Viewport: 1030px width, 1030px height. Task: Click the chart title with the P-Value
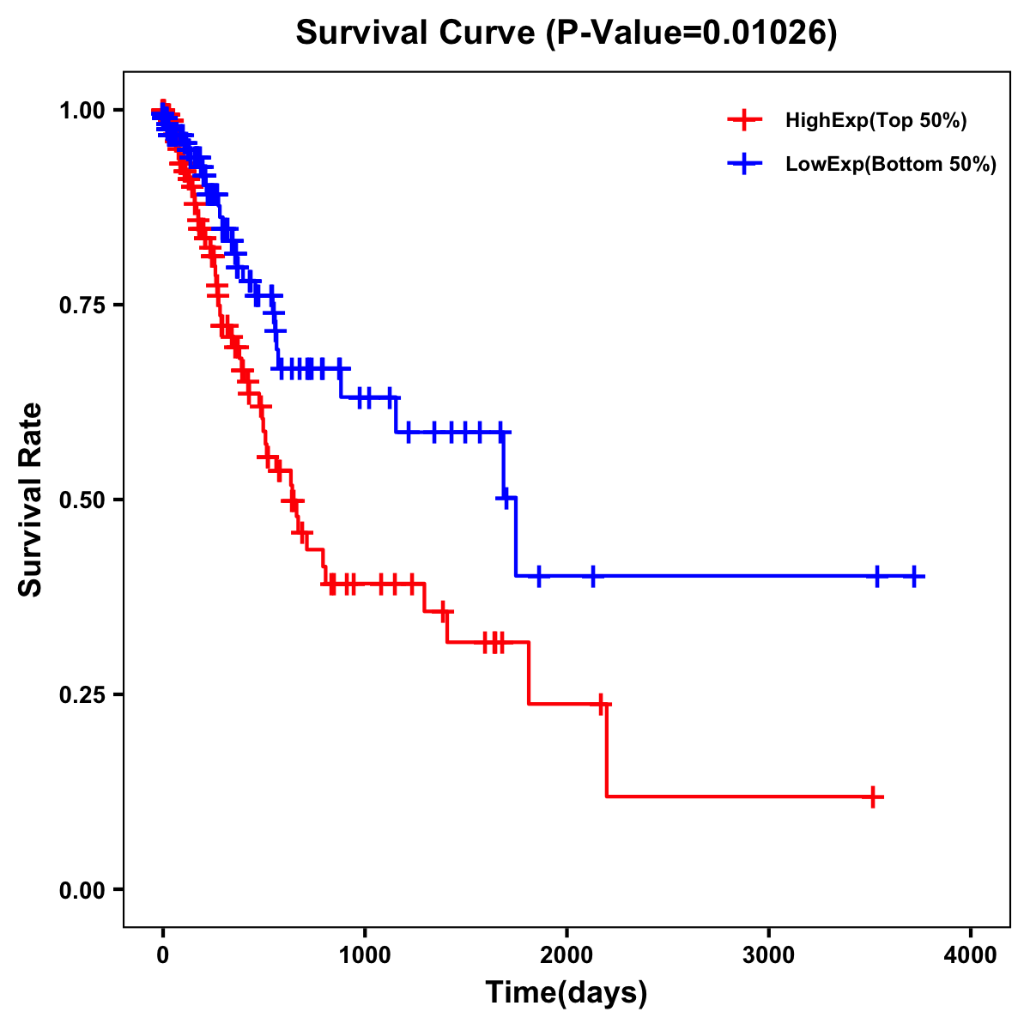pos(566,33)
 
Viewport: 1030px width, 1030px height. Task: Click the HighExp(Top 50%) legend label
pos(876,121)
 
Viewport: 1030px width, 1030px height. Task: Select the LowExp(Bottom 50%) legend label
pos(891,165)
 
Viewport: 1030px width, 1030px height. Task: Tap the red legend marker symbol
pos(745,120)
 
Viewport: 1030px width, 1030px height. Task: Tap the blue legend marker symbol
pos(745,164)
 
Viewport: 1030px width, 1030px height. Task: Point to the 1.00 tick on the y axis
pos(81,111)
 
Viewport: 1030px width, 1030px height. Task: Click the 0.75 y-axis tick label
pos(81,306)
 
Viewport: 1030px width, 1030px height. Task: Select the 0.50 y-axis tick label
pos(81,500)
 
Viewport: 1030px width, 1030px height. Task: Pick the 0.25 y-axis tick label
pos(81,695)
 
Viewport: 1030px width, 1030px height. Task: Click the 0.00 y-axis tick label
pos(81,890)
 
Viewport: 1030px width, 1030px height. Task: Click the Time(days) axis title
pos(566,993)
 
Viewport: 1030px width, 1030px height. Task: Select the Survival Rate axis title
pos(31,500)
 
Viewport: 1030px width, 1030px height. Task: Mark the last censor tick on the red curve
pos(873,797)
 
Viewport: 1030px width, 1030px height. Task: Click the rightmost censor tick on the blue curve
pos(914,576)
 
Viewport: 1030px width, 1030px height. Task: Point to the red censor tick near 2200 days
pos(601,704)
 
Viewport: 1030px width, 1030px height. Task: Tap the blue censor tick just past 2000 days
pos(592,576)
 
